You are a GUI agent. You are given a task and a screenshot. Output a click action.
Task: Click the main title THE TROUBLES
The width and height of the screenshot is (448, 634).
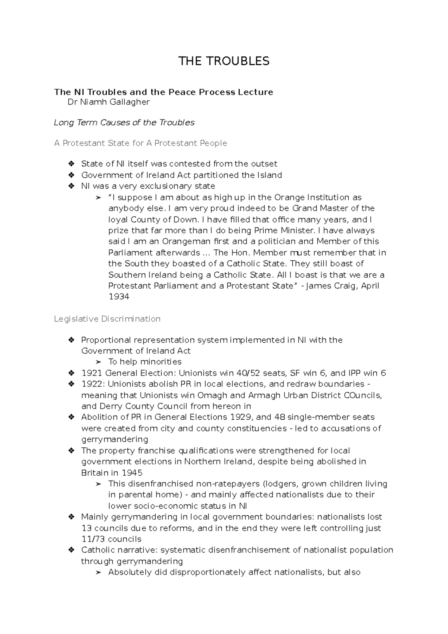pyautogui.click(x=224, y=61)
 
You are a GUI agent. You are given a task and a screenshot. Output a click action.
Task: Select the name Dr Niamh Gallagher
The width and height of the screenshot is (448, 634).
pyautogui.click(x=108, y=102)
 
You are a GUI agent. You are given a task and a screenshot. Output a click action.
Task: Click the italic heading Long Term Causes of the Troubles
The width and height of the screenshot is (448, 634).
pyautogui.click(x=124, y=122)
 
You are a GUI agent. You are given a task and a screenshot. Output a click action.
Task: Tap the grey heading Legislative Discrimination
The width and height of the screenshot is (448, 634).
pyautogui.click(x=107, y=319)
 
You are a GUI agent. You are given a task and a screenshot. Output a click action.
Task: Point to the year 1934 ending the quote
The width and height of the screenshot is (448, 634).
pyautogui.click(x=119, y=297)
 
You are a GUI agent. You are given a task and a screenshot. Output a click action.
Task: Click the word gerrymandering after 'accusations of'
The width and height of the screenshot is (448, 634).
pyautogui.click(x=115, y=439)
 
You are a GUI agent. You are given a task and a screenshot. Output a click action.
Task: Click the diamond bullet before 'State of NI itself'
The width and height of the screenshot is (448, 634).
pyautogui.click(x=71, y=164)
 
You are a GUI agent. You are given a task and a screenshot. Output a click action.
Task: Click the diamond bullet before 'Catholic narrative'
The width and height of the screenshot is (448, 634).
pyautogui.click(x=71, y=550)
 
